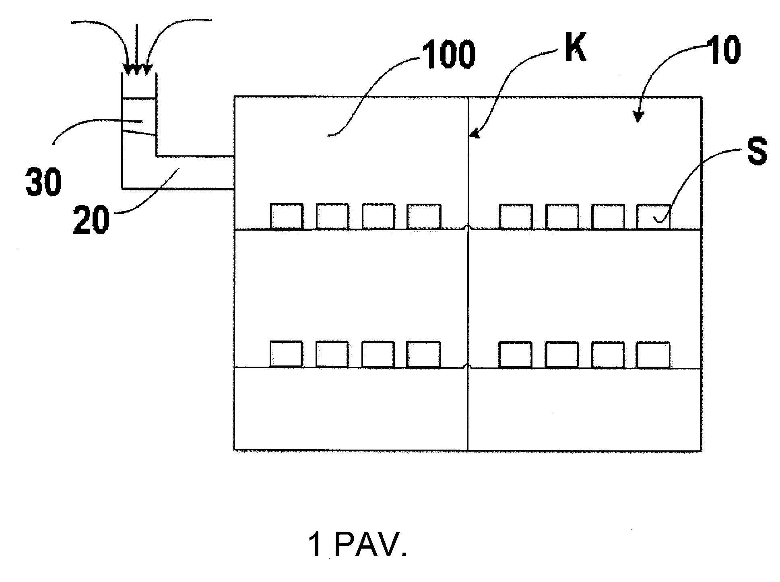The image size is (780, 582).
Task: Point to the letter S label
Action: pyautogui.click(x=757, y=151)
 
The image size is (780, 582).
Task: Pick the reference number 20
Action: pyautogui.click(x=91, y=220)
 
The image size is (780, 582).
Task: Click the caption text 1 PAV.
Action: pyautogui.click(x=357, y=545)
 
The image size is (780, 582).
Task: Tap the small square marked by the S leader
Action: pyautogui.click(x=653, y=217)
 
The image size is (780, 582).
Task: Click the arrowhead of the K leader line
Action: pyautogui.click(x=473, y=134)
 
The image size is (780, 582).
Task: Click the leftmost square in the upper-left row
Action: pyautogui.click(x=286, y=217)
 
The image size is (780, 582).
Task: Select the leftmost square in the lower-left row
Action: pyautogui.click(x=286, y=354)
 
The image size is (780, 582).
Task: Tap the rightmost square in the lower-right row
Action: pyautogui.click(x=653, y=355)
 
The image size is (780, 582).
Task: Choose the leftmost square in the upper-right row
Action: pyautogui.click(x=516, y=217)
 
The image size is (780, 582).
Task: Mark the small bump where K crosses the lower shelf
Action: pyautogui.click(x=468, y=366)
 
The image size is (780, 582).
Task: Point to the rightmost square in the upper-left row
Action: pyautogui.click(x=424, y=217)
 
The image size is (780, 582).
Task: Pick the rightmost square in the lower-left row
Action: pyautogui.click(x=423, y=354)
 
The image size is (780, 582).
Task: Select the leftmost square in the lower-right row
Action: pyautogui.click(x=516, y=355)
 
